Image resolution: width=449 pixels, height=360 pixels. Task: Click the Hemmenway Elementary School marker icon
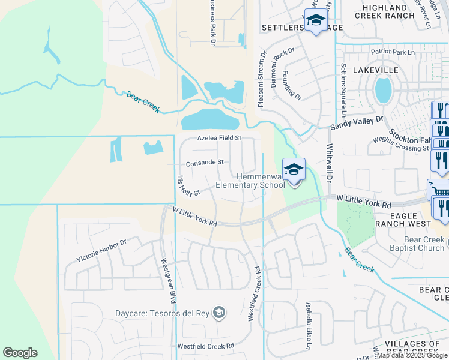[x=294, y=170]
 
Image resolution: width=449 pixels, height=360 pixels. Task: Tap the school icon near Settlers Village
[x=315, y=20]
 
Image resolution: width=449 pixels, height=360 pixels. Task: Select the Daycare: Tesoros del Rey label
[x=165, y=313]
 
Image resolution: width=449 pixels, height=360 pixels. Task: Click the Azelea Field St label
[x=220, y=138]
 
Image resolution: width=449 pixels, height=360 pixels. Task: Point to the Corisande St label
[x=205, y=162]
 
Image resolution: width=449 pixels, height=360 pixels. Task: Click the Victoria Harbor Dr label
[x=102, y=251]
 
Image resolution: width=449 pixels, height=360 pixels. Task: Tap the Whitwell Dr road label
[x=329, y=163]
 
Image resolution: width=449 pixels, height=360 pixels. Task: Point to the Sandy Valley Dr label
[x=357, y=123]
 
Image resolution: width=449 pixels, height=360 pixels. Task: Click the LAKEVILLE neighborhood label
[x=376, y=70]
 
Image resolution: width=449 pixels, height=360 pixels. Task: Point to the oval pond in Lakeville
[x=383, y=91]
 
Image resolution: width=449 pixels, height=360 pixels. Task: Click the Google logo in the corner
[x=20, y=353]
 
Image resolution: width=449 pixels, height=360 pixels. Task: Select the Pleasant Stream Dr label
[x=261, y=80]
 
